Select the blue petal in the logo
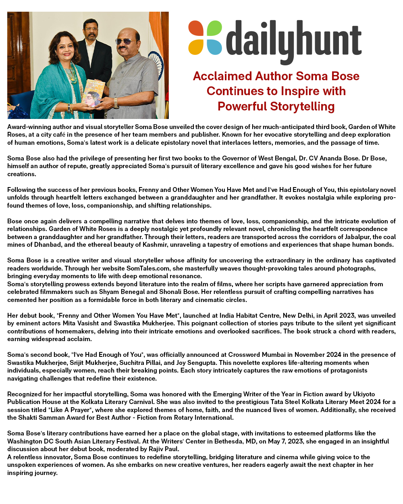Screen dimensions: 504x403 tap(214, 46)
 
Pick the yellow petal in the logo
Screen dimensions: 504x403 tap(196, 46)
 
